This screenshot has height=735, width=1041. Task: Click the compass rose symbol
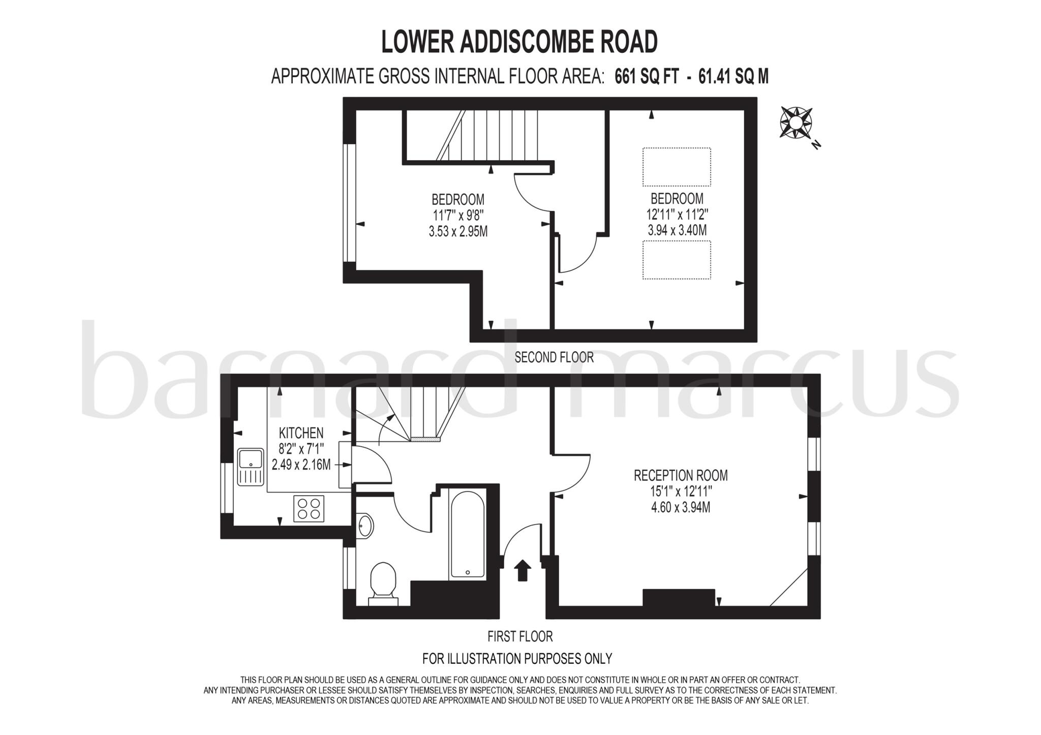pyautogui.click(x=796, y=122)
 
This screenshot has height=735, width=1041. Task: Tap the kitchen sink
pyautogui.click(x=250, y=467)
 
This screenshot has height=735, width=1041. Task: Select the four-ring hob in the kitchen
pyautogui.click(x=309, y=508)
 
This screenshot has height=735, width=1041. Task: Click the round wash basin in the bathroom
pyautogui.click(x=365, y=526)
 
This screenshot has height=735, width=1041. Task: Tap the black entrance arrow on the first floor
pyautogui.click(x=523, y=570)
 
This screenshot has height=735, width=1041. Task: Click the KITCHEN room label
pyautogui.click(x=301, y=433)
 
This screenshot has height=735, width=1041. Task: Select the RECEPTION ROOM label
pyautogui.click(x=681, y=476)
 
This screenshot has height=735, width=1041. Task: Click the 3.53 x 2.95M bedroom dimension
pyautogui.click(x=458, y=232)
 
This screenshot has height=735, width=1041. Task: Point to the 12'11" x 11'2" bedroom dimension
pyautogui.click(x=677, y=215)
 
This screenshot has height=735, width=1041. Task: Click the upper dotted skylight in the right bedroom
pyautogui.click(x=677, y=167)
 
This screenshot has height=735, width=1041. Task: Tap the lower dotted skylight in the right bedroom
pyautogui.click(x=677, y=260)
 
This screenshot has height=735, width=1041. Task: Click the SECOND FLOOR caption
pyautogui.click(x=554, y=357)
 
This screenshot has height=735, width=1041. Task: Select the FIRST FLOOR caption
pyautogui.click(x=520, y=636)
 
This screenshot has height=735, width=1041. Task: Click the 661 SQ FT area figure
pyautogui.click(x=647, y=77)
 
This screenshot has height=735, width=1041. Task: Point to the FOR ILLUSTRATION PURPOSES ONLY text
pyautogui.click(x=517, y=659)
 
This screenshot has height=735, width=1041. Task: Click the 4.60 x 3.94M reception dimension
pyautogui.click(x=681, y=507)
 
